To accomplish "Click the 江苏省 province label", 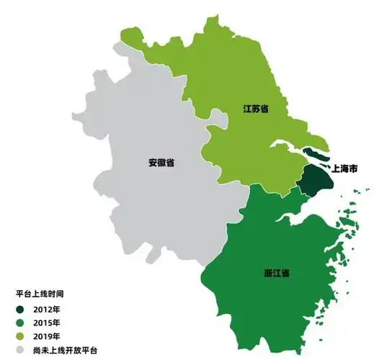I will [255, 108].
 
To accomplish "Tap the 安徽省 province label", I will [161, 162].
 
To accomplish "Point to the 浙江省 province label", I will [276, 274].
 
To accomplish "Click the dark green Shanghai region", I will [314, 182].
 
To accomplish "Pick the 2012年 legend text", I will [46, 309].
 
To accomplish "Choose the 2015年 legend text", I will [46, 323].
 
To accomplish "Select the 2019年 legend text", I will [46, 336].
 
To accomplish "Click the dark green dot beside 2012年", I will [20, 309].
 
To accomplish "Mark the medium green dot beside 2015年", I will [20, 323].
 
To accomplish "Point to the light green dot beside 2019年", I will [20, 336].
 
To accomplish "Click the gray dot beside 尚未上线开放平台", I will [20, 350].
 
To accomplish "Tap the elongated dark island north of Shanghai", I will [315, 154].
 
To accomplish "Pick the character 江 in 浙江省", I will [276, 274].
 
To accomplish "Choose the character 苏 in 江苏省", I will [255, 108].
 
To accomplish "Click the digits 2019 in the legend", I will [42, 336].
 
